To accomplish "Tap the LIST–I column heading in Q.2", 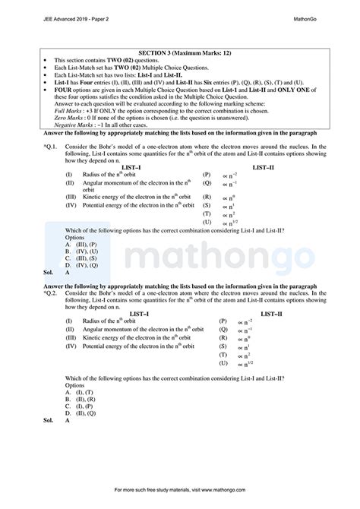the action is [x=117, y=312].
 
